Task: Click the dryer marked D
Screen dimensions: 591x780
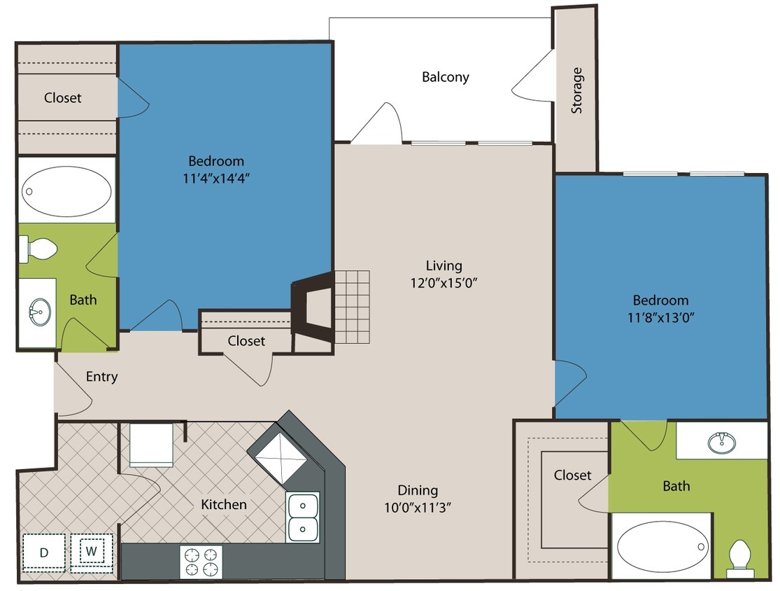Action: [x=44, y=552]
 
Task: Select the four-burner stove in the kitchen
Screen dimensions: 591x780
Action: [x=201, y=562]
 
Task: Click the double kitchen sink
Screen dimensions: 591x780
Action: [x=303, y=517]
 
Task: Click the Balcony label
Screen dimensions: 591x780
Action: [x=445, y=77]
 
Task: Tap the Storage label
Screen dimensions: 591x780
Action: [x=576, y=90]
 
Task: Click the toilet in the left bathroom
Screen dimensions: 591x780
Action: [x=38, y=248]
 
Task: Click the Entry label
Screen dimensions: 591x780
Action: [x=101, y=377]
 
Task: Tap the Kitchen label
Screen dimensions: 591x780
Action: [x=223, y=504]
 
